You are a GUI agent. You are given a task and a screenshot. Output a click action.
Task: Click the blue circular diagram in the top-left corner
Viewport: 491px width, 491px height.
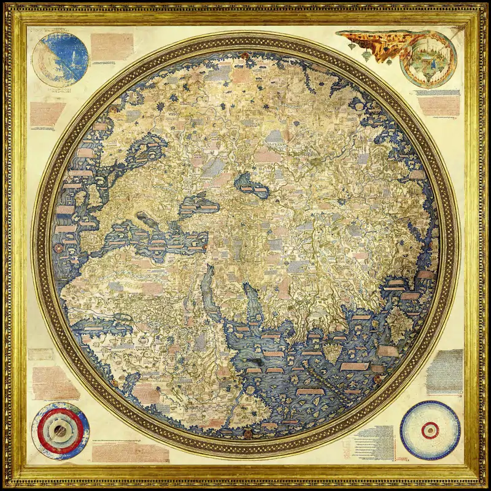60,60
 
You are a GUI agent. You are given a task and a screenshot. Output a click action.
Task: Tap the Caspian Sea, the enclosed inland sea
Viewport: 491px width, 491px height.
250,182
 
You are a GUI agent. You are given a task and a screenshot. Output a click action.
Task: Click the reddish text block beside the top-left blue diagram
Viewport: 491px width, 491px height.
112,46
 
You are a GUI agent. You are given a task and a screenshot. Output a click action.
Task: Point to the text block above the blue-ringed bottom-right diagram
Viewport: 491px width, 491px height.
443,371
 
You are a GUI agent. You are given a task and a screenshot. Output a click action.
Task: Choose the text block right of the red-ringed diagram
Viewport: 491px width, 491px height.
130,452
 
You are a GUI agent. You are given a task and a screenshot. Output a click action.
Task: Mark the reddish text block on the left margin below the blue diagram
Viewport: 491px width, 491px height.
47,114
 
